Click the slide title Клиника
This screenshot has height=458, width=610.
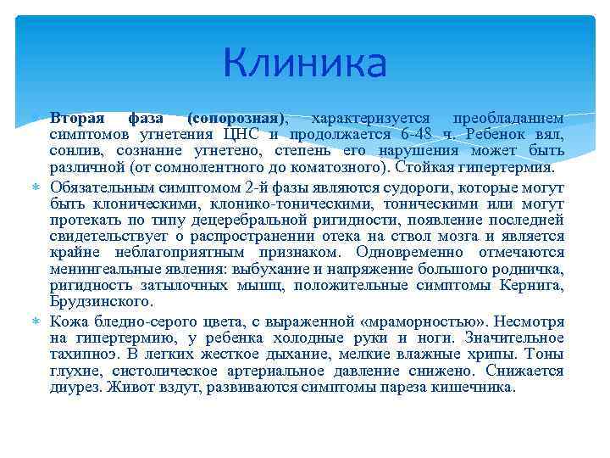305,62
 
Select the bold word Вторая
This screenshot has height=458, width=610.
75,118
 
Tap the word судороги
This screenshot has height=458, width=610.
408,187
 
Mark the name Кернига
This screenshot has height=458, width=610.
530,284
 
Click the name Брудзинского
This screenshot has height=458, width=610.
101,300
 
